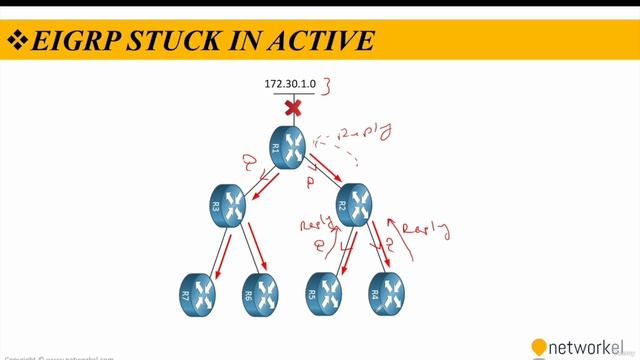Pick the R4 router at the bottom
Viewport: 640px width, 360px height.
387,293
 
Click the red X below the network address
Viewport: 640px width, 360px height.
293,106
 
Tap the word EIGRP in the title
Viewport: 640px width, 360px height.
72,41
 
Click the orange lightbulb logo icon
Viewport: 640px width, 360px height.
539,347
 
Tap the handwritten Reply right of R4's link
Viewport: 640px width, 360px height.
424,227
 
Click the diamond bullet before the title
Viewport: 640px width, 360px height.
17,41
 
